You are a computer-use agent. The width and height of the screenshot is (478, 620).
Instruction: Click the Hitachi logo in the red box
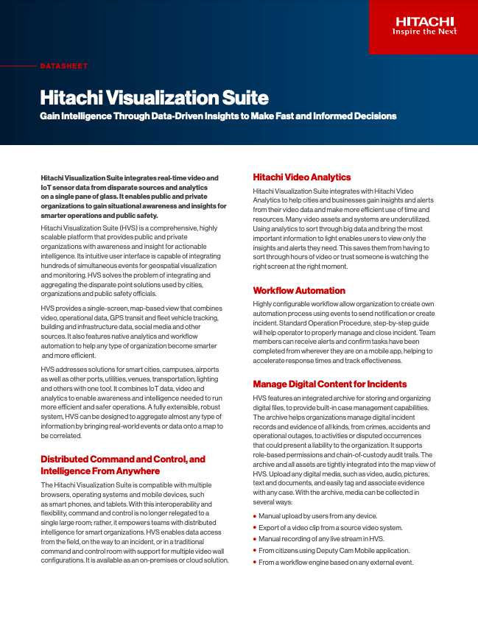pos(423,21)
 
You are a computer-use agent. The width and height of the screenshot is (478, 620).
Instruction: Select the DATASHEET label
pos(63,66)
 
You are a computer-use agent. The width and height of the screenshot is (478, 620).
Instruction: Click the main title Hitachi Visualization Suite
pos(154,98)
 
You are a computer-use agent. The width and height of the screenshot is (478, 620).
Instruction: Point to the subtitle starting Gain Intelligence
pos(218,116)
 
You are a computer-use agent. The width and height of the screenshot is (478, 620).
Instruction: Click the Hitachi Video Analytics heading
pos(302,177)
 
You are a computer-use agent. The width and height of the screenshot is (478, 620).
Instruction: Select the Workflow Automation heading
pos(299,291)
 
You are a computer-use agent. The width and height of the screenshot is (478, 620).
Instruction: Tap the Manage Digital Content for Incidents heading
pos(329,384)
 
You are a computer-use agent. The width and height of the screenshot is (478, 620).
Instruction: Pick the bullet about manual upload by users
pos(317,516)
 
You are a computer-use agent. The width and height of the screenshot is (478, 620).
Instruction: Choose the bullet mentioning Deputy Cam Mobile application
pos(334,551)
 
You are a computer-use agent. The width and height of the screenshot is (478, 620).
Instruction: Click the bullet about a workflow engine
pos(336,563)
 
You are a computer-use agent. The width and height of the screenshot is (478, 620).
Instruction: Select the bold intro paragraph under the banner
pos(130,197)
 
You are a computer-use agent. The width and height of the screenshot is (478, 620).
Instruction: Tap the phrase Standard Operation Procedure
pos(311,324)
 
